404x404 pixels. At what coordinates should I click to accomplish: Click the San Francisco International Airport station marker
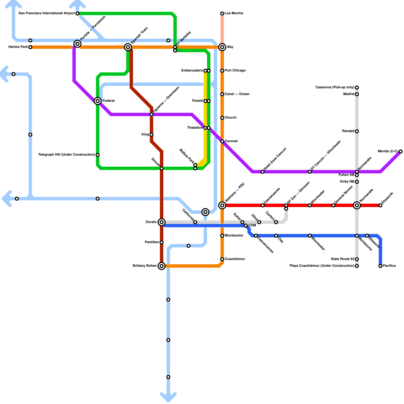(78, 13)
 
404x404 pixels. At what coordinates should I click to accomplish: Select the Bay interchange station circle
(222, 47)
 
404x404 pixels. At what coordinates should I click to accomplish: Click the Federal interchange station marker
(98, 101)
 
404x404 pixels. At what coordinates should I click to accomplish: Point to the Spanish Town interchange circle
(128, 47)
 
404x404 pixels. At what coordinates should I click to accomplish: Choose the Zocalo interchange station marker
(162, 222)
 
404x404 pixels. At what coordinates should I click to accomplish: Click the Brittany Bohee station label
(144, 266)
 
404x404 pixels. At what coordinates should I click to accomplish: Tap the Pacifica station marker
(381, 266)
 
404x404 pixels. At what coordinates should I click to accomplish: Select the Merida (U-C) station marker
(401, 151)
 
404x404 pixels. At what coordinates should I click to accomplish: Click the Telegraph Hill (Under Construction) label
(66, 155)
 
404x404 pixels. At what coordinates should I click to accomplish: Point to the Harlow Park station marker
(30, 47)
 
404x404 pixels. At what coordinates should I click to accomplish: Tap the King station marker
(151, 135)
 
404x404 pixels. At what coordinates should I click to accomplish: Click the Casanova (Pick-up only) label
(335, 88)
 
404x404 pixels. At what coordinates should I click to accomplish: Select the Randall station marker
(357, 131)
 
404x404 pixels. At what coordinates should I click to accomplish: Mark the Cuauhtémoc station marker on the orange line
(222, 259)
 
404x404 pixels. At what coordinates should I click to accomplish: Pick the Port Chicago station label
(235, 71)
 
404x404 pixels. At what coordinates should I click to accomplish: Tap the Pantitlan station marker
(162, 242)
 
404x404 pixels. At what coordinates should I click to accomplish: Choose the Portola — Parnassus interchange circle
(78, 44)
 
